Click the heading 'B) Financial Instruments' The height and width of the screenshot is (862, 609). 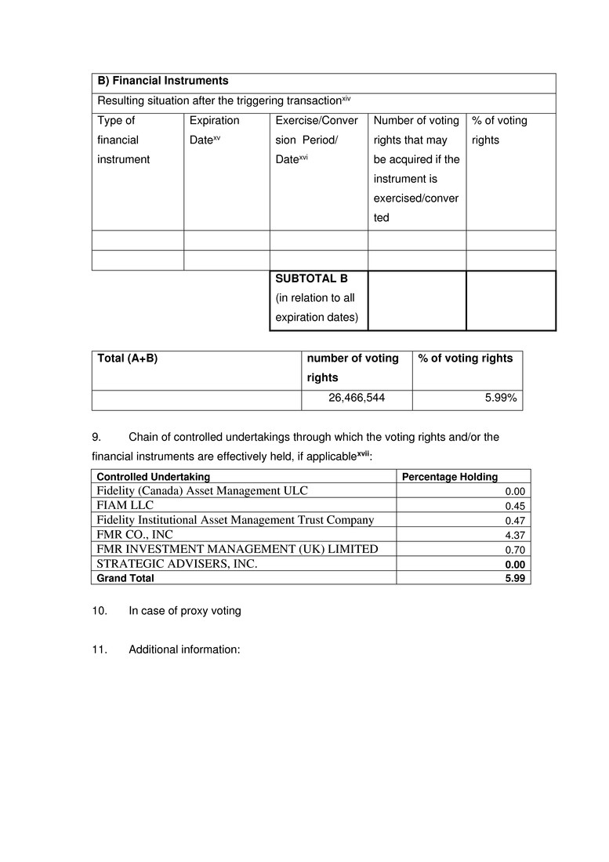[163, 81]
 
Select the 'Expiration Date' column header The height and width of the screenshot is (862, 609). [214, 130]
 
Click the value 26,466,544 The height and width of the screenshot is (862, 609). [357, 398]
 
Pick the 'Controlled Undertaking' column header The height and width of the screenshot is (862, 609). [153, 476]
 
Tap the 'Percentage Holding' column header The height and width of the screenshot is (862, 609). [449, 476]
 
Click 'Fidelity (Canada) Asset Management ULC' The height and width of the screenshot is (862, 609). [202, 490]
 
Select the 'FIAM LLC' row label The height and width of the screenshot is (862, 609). [125, 505]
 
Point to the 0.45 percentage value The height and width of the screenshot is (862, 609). [514, 506]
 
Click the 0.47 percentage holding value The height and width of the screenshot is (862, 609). [514, 520]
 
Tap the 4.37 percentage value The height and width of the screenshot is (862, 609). [514, 535]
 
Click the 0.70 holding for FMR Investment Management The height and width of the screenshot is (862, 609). [514, 550]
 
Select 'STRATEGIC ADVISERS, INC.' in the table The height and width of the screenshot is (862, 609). [177, 563]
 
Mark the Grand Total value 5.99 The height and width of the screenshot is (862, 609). [514, 578]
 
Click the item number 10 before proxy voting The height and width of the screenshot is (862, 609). [98, 610]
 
